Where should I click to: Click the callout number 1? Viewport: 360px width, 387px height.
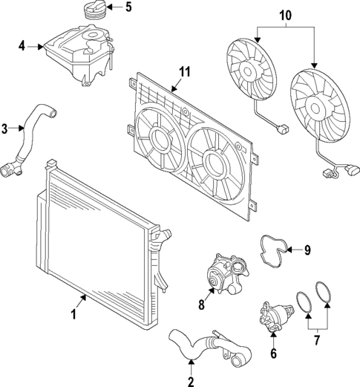[x=74, y=315]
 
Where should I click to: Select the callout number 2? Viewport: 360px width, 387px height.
[x=191, y=383]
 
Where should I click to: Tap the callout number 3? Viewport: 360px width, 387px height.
[x=5, y=129]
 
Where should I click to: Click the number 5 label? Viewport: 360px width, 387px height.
[x=128, y=8]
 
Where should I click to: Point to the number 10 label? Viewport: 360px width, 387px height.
[x=286, y=14]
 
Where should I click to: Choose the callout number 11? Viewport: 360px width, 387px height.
[x=185, y=72]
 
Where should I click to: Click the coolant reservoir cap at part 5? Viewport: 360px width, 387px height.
[x=94, y=12]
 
